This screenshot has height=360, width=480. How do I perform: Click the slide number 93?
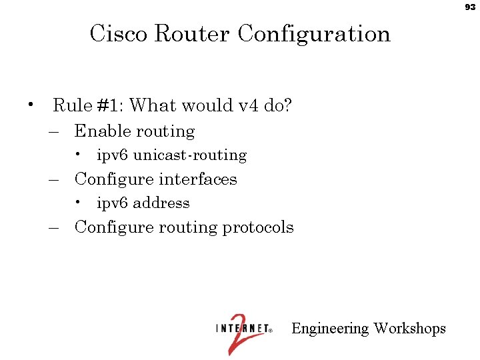click(x=470, y=7)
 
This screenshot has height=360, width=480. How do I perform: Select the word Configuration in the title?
click(x=314, y=33)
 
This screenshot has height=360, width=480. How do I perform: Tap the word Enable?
click(x=101, y=131)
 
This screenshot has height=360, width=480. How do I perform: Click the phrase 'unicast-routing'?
click(x=190, y=155)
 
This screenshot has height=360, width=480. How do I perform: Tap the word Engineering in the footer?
click(x=330, y=329)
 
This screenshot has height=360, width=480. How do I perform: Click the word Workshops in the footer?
click(x=409, y=329)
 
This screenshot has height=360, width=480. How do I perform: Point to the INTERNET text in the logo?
click(x=242, y=328)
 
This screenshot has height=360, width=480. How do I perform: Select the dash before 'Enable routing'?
click(x=55, y=132)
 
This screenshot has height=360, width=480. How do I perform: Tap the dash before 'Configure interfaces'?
click(x=55, y=180)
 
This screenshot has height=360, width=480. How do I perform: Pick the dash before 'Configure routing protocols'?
click(x=55, y=228)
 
